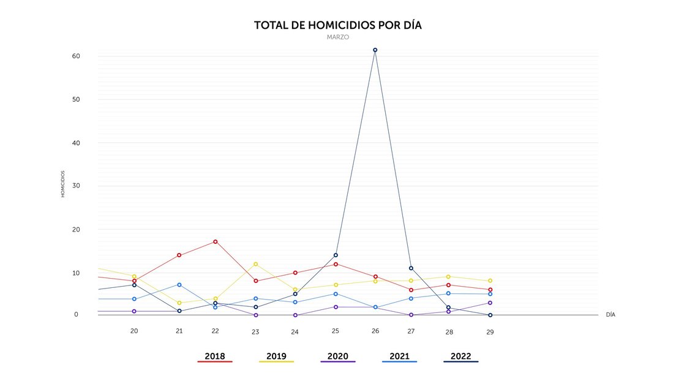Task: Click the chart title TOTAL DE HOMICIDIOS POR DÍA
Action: pyautogui.click(x=337, y=26)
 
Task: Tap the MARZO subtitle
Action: pyautogui.click(x=337, y=37)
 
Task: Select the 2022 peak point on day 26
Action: pyautogui.click(x=375, y=50)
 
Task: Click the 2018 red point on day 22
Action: pyautogui.click(x=216, y=242)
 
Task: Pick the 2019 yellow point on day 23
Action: pyautogui.click(x=255, y=264)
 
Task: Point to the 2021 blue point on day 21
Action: pyautogui.click(x=179, y=285)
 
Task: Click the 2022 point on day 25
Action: pyautogui.click(x=336, y=255)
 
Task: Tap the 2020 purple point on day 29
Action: pyautogui.click(x=490, y=303)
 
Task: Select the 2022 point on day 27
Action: pyautogui.click(x=411, y=268)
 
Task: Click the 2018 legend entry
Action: pyautogui.click(x=214, y=356)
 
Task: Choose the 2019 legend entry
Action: pyautogui.click(x=276, y=356)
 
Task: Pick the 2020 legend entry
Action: pyautogui.click(x=337, y=356)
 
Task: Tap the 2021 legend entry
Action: pyautogui.click(x=399, y=356)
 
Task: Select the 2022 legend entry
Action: pyautogui.click(x=460, y=356)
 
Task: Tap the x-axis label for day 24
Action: pyautogui.click(x=295, y=332)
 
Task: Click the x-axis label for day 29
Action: pyautogui.click(x=490, y=332)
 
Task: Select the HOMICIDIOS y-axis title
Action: pyautogui.click(x=62, y=184)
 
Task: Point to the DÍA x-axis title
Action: pyautogui.click(x=610, y=315)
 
